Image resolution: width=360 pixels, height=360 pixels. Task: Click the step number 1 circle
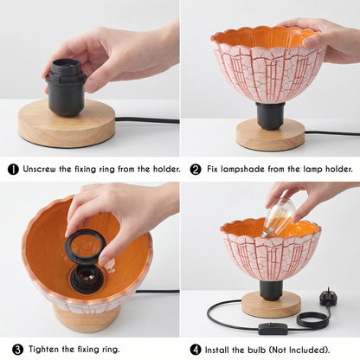(x=13, y=170)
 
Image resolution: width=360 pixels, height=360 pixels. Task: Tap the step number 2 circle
(x=196, y=170)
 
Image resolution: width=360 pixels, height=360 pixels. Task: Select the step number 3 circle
(x=17, y=350)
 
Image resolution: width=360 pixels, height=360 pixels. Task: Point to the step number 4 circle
(x=196, y=350)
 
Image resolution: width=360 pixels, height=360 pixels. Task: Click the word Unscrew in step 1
(x=40, y=169)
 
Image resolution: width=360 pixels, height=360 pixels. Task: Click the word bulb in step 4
(x=256, y=350)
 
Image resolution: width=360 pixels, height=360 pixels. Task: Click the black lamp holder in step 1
(x=66, y=87)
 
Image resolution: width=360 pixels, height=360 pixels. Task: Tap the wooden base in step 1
(x=67, y=124)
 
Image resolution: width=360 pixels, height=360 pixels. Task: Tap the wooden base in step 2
(x=271, y=135)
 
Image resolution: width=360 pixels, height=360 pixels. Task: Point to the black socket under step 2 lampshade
(x=270, y=116)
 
